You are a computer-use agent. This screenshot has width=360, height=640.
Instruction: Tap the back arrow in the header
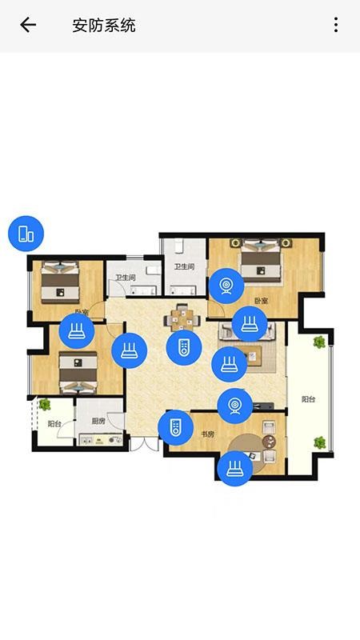point(28,25)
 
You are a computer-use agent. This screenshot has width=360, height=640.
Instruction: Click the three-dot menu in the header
point(336,25)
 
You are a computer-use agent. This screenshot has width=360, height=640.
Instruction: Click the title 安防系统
point(104,26)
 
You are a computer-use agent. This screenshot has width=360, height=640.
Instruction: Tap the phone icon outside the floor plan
point(26,234)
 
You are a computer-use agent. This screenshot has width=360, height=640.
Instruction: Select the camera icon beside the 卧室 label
point(227,286)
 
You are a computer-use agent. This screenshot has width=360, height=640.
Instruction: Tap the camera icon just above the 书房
point(235,405)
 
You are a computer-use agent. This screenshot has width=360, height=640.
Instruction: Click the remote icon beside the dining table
point(183,347)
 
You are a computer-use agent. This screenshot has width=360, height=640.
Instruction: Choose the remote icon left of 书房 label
point(175,427)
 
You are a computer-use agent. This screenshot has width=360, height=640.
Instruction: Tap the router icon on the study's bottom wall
point(234,468)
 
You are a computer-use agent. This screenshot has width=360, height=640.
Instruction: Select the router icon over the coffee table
point(229,364)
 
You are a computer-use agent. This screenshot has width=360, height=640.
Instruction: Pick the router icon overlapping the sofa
point(249,324)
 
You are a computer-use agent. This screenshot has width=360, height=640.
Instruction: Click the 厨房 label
point(98,421)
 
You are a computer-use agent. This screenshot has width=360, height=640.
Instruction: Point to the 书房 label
point(207,434)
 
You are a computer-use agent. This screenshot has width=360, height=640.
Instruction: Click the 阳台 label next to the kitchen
point(54,424)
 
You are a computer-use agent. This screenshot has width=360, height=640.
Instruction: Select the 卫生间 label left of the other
point(125,278)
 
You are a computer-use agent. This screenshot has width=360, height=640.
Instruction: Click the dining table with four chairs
point(183,319)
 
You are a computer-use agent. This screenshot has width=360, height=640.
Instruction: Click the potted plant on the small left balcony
point(45,405)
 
